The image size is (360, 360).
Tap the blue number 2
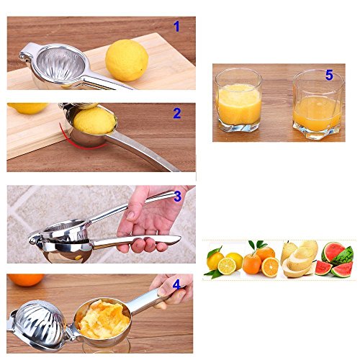click(x=177, y=112)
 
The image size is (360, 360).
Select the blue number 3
click(x=177, y=197)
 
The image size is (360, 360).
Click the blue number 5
click(x=329, y=75)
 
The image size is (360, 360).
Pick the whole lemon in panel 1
click(x=127, y=60)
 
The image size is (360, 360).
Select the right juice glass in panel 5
click(x=318, y=106)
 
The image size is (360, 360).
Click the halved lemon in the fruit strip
click(x=227, y=266)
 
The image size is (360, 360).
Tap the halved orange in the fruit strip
click(x=271, y=267)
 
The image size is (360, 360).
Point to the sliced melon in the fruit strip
click(x=299, y=263)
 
